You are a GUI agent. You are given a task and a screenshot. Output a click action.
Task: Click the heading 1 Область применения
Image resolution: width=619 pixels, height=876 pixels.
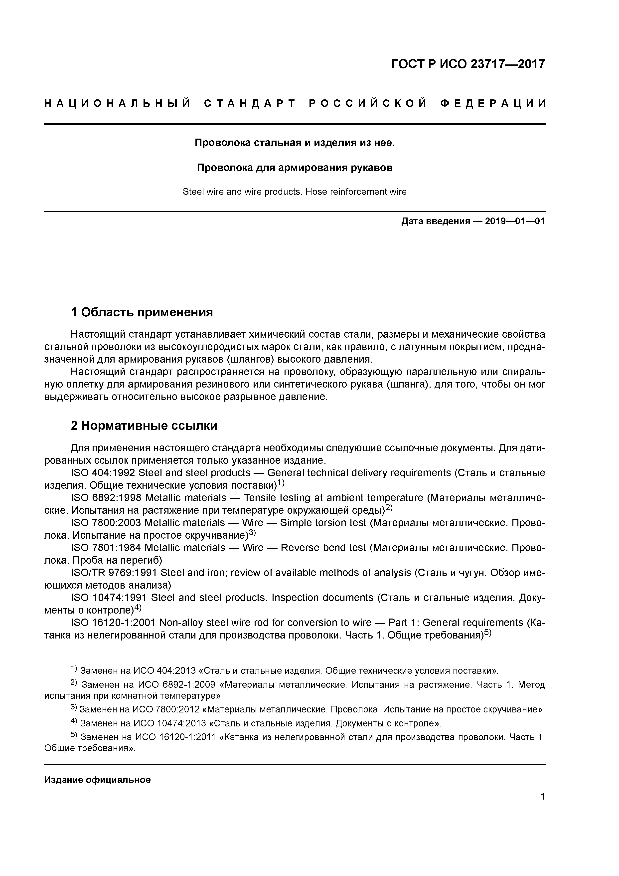point(142,312)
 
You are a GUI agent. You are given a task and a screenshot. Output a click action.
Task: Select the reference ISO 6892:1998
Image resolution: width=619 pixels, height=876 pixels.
point(106,498)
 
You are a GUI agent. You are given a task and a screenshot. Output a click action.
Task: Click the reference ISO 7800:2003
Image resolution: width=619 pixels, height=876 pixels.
point(106,523)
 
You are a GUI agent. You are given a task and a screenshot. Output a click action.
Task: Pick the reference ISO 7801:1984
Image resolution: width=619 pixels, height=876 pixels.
point(106,548)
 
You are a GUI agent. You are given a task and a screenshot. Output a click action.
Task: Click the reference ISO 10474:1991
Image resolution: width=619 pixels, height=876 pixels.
point(109,598)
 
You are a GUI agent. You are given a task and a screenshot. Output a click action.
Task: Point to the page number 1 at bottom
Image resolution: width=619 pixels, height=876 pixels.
point(542,807)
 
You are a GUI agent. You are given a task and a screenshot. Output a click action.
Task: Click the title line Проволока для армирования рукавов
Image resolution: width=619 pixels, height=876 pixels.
point(295,168)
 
